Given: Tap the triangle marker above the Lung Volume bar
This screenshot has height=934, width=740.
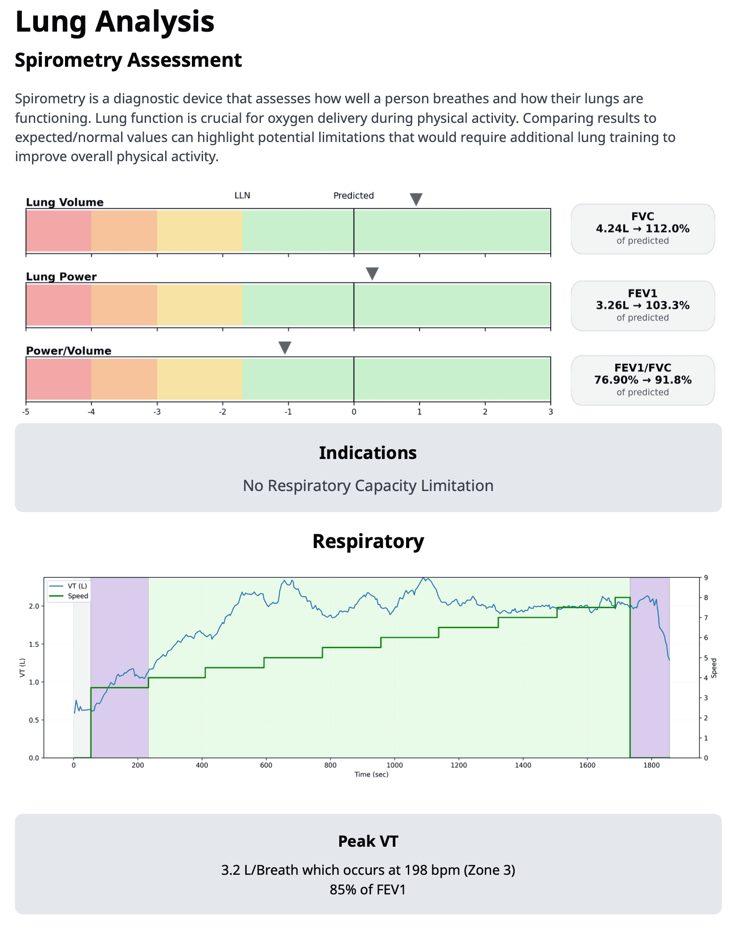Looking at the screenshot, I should pos(416,199).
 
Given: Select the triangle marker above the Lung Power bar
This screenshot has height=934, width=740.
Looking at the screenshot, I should pos(372,273).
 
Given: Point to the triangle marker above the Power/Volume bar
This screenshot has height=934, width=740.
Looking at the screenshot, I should pos(285,347).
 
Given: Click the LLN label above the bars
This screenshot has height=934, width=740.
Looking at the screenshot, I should pos(242,195).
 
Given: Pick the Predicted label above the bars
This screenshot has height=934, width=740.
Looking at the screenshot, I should pos(354,195).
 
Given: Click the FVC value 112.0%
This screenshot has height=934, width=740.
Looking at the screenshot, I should pos(667,228).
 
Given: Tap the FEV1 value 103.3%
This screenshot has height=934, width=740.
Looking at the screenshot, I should pos(667,305).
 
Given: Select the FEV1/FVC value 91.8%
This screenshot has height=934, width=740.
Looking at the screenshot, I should pos(673,380).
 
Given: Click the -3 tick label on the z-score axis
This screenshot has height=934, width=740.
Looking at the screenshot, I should pos(157,412).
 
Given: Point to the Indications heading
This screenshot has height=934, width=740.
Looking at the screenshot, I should pos(368,453).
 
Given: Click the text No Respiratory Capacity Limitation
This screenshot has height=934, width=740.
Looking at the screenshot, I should pos(368,485).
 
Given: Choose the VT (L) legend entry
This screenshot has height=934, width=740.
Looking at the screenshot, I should pos(77,586).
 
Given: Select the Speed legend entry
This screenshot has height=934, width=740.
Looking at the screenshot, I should pos(78,596).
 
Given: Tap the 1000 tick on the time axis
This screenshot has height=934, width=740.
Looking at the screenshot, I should pos(394,765).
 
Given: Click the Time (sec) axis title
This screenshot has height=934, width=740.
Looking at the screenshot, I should pos(371,774).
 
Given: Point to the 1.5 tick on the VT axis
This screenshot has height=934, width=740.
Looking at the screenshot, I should pos(34,644).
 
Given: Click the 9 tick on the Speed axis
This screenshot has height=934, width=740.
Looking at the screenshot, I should pos(706,577).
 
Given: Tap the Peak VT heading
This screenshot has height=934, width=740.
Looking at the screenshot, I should pos(368,841).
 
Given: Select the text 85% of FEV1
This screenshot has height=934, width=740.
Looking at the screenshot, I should pos(368,889).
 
